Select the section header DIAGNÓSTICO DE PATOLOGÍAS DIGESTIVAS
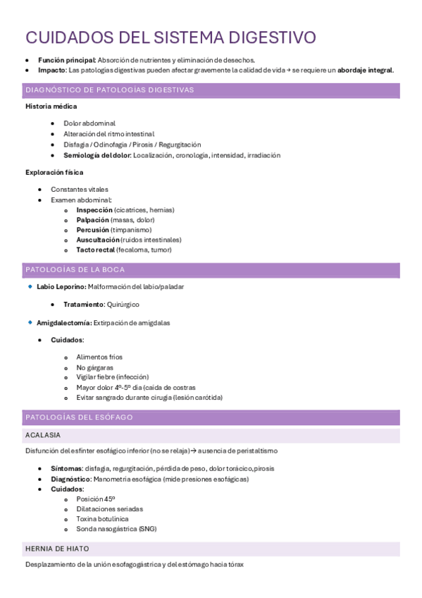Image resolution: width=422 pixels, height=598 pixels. click(x=109, y=90)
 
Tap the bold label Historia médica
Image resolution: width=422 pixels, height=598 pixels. click(x=51, y=106)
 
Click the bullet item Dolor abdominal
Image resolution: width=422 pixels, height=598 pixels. click(x=89, y=123)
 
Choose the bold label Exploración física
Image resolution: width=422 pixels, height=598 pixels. click(x=54, y=172)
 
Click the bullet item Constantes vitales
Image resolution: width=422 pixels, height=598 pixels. click(x=80, y=189)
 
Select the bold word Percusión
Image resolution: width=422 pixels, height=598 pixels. click(x=93, y=230)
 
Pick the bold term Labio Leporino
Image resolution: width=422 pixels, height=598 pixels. click(x=61, y=287)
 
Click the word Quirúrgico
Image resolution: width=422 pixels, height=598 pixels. click(x=123, y=305)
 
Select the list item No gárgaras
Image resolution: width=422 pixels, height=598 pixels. click(x=95, y=367)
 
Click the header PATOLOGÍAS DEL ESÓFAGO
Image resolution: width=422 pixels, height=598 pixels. click(x=79, y=417)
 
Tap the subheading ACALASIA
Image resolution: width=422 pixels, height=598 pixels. click(x=42, y=435)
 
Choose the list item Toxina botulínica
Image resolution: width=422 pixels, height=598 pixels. click(x=103, y=518)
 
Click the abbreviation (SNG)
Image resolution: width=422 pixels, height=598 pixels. click(x=147, y=529)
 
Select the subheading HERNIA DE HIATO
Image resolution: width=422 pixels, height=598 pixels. click(x=57, y=549)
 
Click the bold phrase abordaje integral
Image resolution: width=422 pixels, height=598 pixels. click(x=366, y=71)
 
